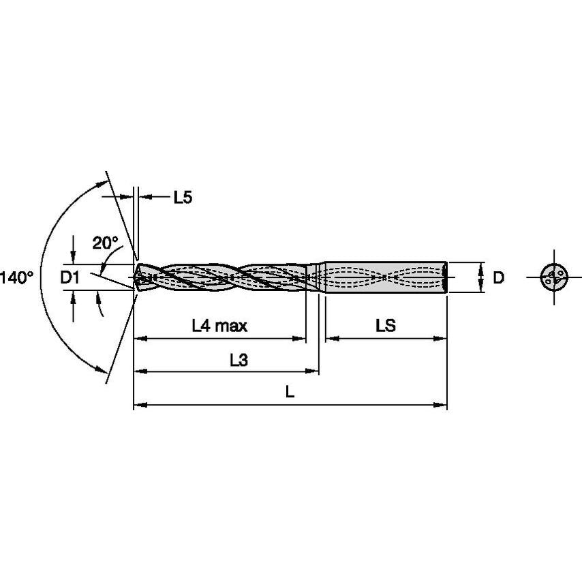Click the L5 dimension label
(x=182, y=198)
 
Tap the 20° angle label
(x=106, y=242)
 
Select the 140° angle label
(x=16, y=277)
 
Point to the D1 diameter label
(x=70, y=277)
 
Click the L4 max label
(x=219, y=326)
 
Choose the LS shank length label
(x=385, y=326)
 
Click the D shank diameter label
(x=499, y=277)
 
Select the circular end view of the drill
(x=553, y=277)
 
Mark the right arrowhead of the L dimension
(x=442, y=405)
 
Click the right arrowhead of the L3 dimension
(x=314, y=371)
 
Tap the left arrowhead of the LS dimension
(x=330, y=337)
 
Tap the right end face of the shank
(x=446, y=277)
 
